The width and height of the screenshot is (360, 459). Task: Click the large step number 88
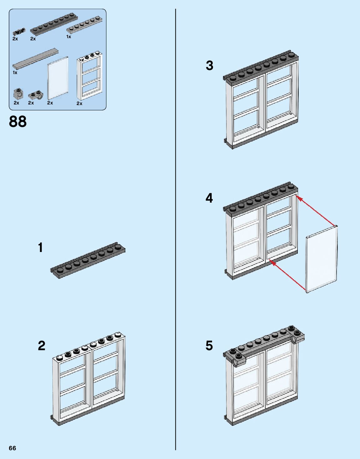pyautogui.click(x=18, y=122)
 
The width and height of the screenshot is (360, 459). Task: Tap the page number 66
pyautogui.click(x=12, y=448)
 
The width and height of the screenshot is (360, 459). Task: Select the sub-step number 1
pyautogui.click(x=40, y=248)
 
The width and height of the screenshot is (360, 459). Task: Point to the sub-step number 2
pyautogui.click(x=41, y=346)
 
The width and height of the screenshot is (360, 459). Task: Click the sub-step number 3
pyautogui.click(x=209, y=66)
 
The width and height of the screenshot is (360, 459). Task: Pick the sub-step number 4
pyautogui.click(x=209, y=198)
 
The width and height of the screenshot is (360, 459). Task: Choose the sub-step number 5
pyautogui.click(x=209, y=346)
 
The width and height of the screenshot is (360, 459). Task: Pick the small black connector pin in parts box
pyautogui.click(x=18, y=32)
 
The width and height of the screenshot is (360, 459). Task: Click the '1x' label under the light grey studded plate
pyautogui.click(x=68, y=37)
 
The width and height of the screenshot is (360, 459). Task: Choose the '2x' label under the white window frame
pyautogui.click(x=79, y=103)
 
